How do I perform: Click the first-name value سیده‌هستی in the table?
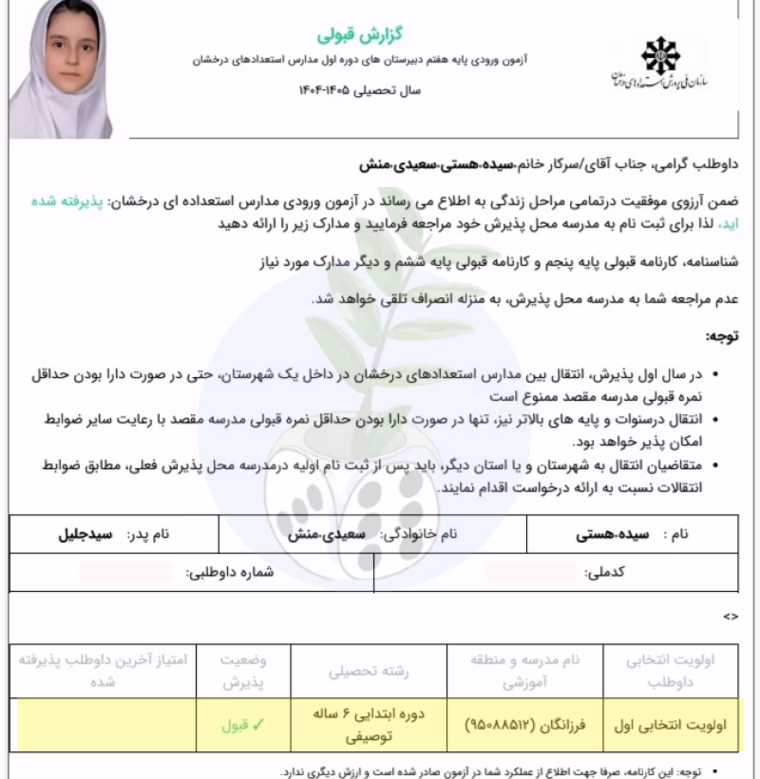pos(609,535)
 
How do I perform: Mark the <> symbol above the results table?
pos(730,617)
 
